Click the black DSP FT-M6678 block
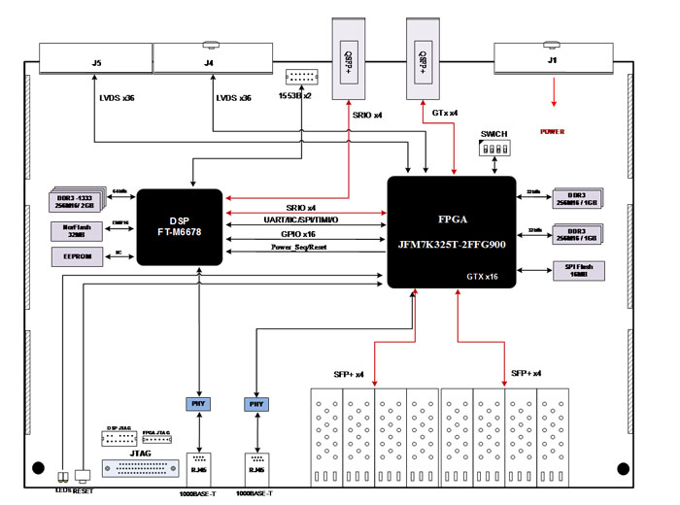pyautogui.click(x=181, y=226)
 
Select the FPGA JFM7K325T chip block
pyautogui.click(x=452, y=231)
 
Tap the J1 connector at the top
pyautogui.click(x=554, y=63)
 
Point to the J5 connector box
pyautogui.click(x=95, y=63)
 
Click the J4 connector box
pyautogui.click(x=209, y=63)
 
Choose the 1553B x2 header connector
pyautogui.click(x=301, y=79)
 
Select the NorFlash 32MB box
pyautogui.click(x=75, y=230)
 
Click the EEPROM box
pyautogui.click(x=75, y=255)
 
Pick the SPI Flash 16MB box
pyautogui.click(x=576, y=270)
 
